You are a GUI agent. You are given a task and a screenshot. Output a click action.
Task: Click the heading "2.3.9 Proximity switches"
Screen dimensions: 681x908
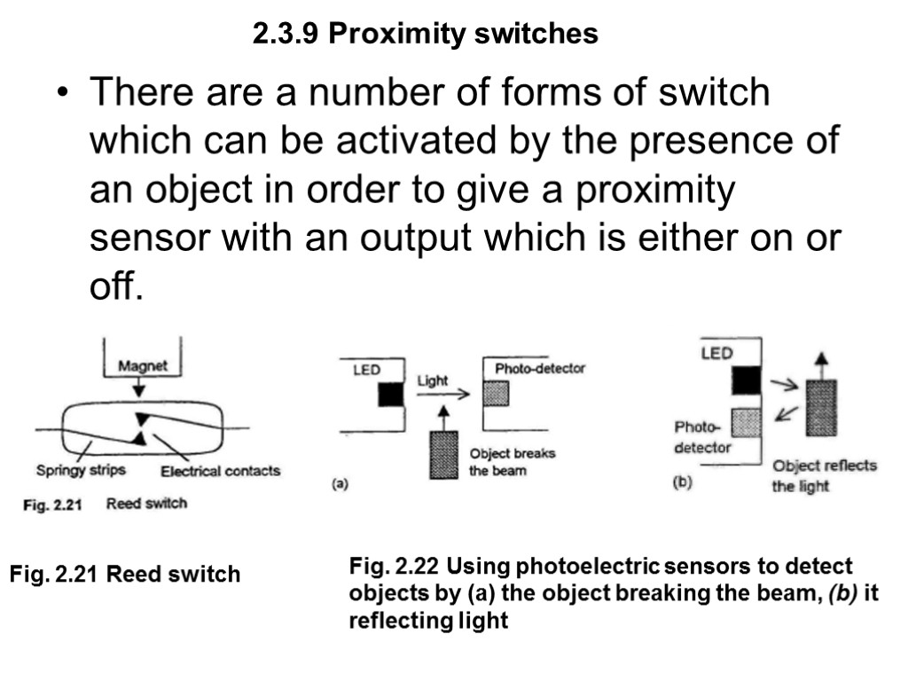point(425,35)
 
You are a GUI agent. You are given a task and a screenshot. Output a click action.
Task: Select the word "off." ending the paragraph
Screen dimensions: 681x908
point(116,288)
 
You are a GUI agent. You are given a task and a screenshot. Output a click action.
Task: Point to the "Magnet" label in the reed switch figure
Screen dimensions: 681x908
point(143,366)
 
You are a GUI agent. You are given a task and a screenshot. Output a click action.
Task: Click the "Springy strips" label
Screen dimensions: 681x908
point(81,471)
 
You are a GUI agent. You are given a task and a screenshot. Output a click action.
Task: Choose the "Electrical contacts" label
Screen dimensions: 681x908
point(220,471)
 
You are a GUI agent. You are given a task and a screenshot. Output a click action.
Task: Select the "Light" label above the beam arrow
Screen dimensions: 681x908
point(432,380)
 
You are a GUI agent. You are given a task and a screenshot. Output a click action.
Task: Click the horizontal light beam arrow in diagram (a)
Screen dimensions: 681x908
point(442,395)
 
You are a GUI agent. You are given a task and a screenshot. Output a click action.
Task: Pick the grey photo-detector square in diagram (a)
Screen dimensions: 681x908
point(496,393)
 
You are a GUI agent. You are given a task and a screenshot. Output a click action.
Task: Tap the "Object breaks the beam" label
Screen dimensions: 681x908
point(512,462)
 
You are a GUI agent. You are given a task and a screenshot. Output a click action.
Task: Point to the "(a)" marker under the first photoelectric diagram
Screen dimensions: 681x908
point(339,485)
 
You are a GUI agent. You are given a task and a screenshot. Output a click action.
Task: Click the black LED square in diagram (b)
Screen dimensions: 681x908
point(747,380)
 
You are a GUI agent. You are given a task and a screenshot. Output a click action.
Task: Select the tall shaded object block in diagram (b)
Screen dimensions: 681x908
point(822,407)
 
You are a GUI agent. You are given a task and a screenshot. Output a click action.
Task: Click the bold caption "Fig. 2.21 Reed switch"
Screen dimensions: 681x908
point(125,575)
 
